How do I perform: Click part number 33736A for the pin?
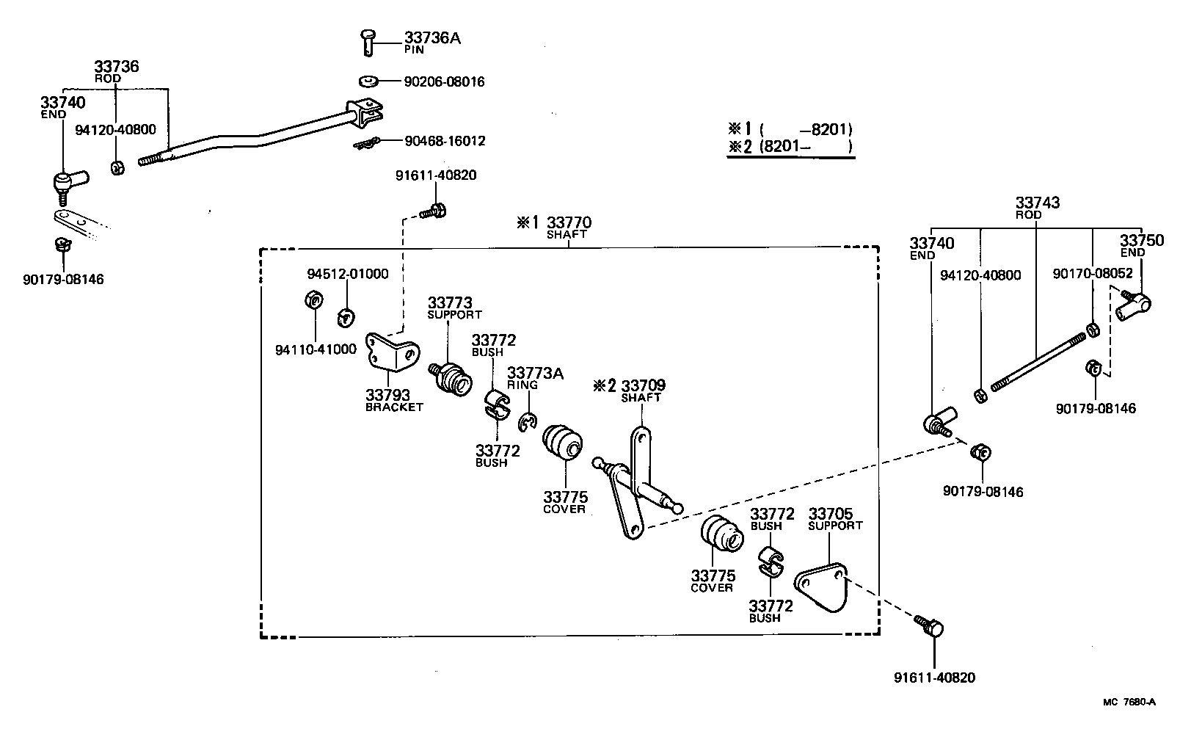[431, 38]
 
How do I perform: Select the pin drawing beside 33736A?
[368, 40]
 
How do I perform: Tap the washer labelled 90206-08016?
[369, 80]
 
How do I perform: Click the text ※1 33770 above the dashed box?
[554, 222]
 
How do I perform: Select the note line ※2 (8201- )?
[790, 147]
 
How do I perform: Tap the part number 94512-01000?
[347, 274]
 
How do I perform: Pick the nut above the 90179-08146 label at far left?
[62, 244]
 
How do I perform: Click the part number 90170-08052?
[1092, 273]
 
